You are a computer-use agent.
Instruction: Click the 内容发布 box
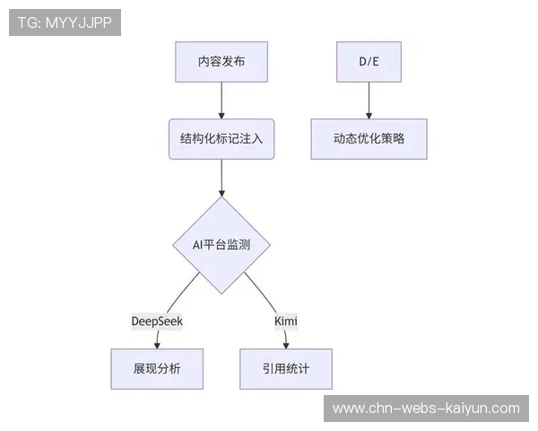pyautogui.click(x=221, y=62)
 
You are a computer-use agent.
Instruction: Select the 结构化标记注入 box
pyautogui.click(x=221, y=138)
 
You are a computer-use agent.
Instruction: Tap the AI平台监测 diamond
pyautogui.click(x=221, y=244)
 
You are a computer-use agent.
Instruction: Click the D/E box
pyautogui.click(x=369, y=62)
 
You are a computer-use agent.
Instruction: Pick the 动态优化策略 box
pyautogui.click(x=369, y=138)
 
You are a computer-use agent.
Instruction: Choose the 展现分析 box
pyautogui.click(x=156, y=368)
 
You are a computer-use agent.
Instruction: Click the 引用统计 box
pyautogui.click(x=286, y=368)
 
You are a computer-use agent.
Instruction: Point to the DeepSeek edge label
pyautogui.click(x=157, y=321)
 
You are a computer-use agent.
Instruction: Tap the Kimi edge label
pyautogui.click(x=285, y=321)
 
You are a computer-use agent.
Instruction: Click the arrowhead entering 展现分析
pyautogui.click(x=157, y=345)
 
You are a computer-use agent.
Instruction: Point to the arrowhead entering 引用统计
pyautogui.click(x=286, y=345)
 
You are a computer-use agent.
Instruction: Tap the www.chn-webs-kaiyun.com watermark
pyautogui.click(x=426, y=409)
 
